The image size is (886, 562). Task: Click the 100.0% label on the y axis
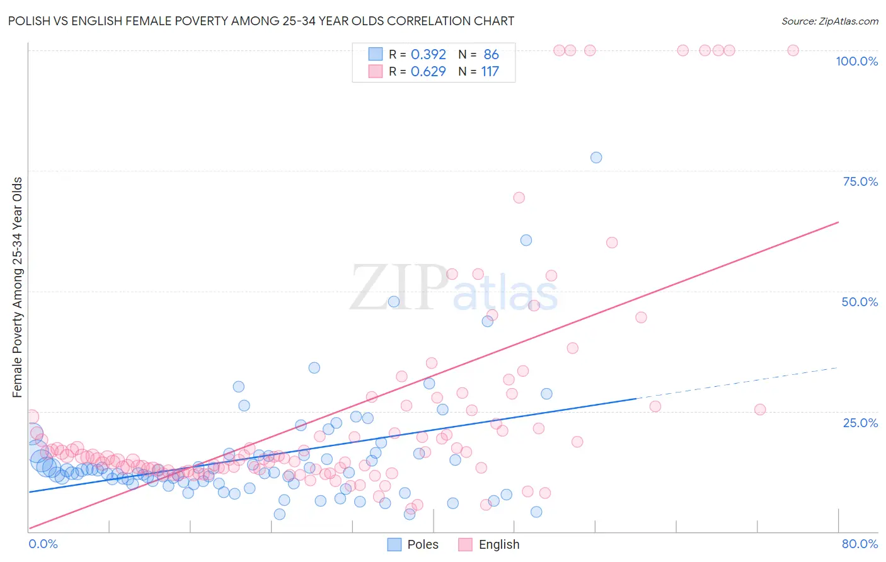pyautogui.click(x=856, y=61)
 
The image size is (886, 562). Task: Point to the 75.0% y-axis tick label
pyautogui.click(x=860, y=181)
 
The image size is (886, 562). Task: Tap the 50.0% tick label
pyautogui.click(x=860, y=302)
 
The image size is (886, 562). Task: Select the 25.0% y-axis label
pyautogui.click(x=860, y=423)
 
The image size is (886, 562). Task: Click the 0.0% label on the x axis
pyautogui.click(x=43, y=544)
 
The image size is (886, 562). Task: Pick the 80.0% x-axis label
pyautogui.click(x=860, y=544)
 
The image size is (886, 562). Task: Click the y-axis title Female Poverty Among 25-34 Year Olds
pyautogui.click(x=17, y=287)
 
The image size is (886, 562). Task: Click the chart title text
pyautogui.click(x=261, y=21)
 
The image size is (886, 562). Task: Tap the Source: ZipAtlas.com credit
pyautogui.click(x=829, y=21)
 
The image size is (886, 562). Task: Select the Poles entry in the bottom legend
pyautogui.click(x=413, y=544)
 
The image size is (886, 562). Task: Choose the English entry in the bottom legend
pyautogui.click(x=489, y=544)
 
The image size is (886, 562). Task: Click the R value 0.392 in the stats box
pyautogui.click(x=428, y=55)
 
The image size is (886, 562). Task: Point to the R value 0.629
pyautogui.click(x=428, y=72)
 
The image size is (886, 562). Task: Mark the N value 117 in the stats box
pyautogui.click(x=490, y=72)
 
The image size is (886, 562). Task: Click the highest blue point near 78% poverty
pyautogui.click(x=596, y=158)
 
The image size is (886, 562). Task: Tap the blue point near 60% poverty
pyautogui.click(x=526, y=240)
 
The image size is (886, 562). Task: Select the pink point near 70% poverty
pyautogui.click(x=519, y=198)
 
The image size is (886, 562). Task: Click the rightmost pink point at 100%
pyautogui.click(x=793, y=50)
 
